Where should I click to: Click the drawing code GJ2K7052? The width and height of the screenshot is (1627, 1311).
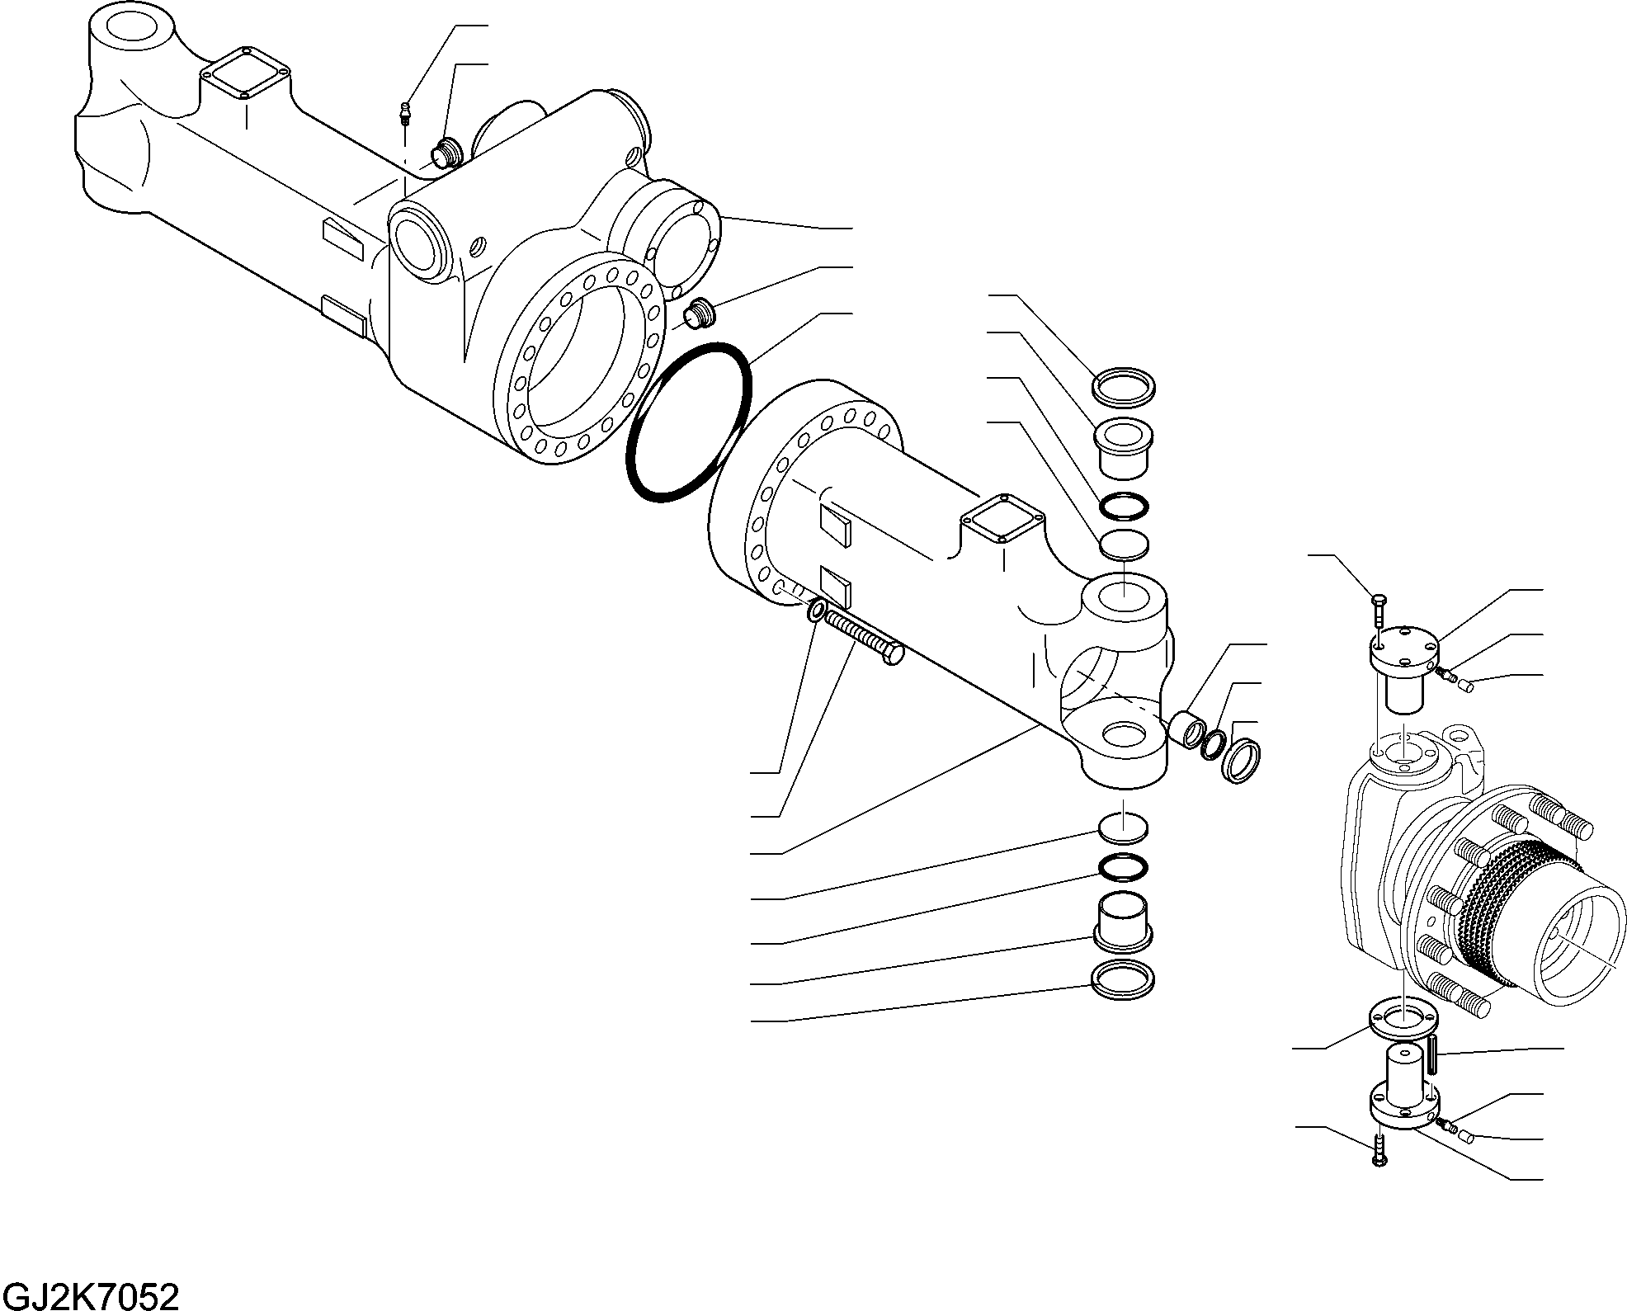tap(90, 1296)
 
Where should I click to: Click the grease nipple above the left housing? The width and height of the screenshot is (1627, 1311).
tap(404, 113)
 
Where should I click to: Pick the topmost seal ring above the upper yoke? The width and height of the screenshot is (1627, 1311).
tap(1124, 388)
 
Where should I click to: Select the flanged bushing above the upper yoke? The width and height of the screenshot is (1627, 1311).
tap(1123, 448)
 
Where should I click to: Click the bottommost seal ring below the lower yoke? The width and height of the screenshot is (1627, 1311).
tap(1122, 980)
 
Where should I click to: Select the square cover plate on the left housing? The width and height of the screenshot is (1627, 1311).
tap(245, 78)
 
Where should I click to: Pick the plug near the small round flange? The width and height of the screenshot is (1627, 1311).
tap(701, 314)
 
